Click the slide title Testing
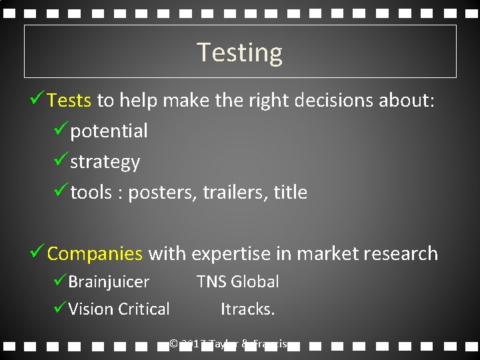[240, 52]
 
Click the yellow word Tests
[69, 101]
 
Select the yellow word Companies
[95, 253]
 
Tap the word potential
[109, 131]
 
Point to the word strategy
[105, 162]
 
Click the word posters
[158, 193]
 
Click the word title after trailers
[291, 193]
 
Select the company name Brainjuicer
[109, 282]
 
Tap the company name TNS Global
[237, 282]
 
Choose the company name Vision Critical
[119, 309]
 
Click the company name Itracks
[248, 309]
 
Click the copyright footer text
[229, 344]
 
